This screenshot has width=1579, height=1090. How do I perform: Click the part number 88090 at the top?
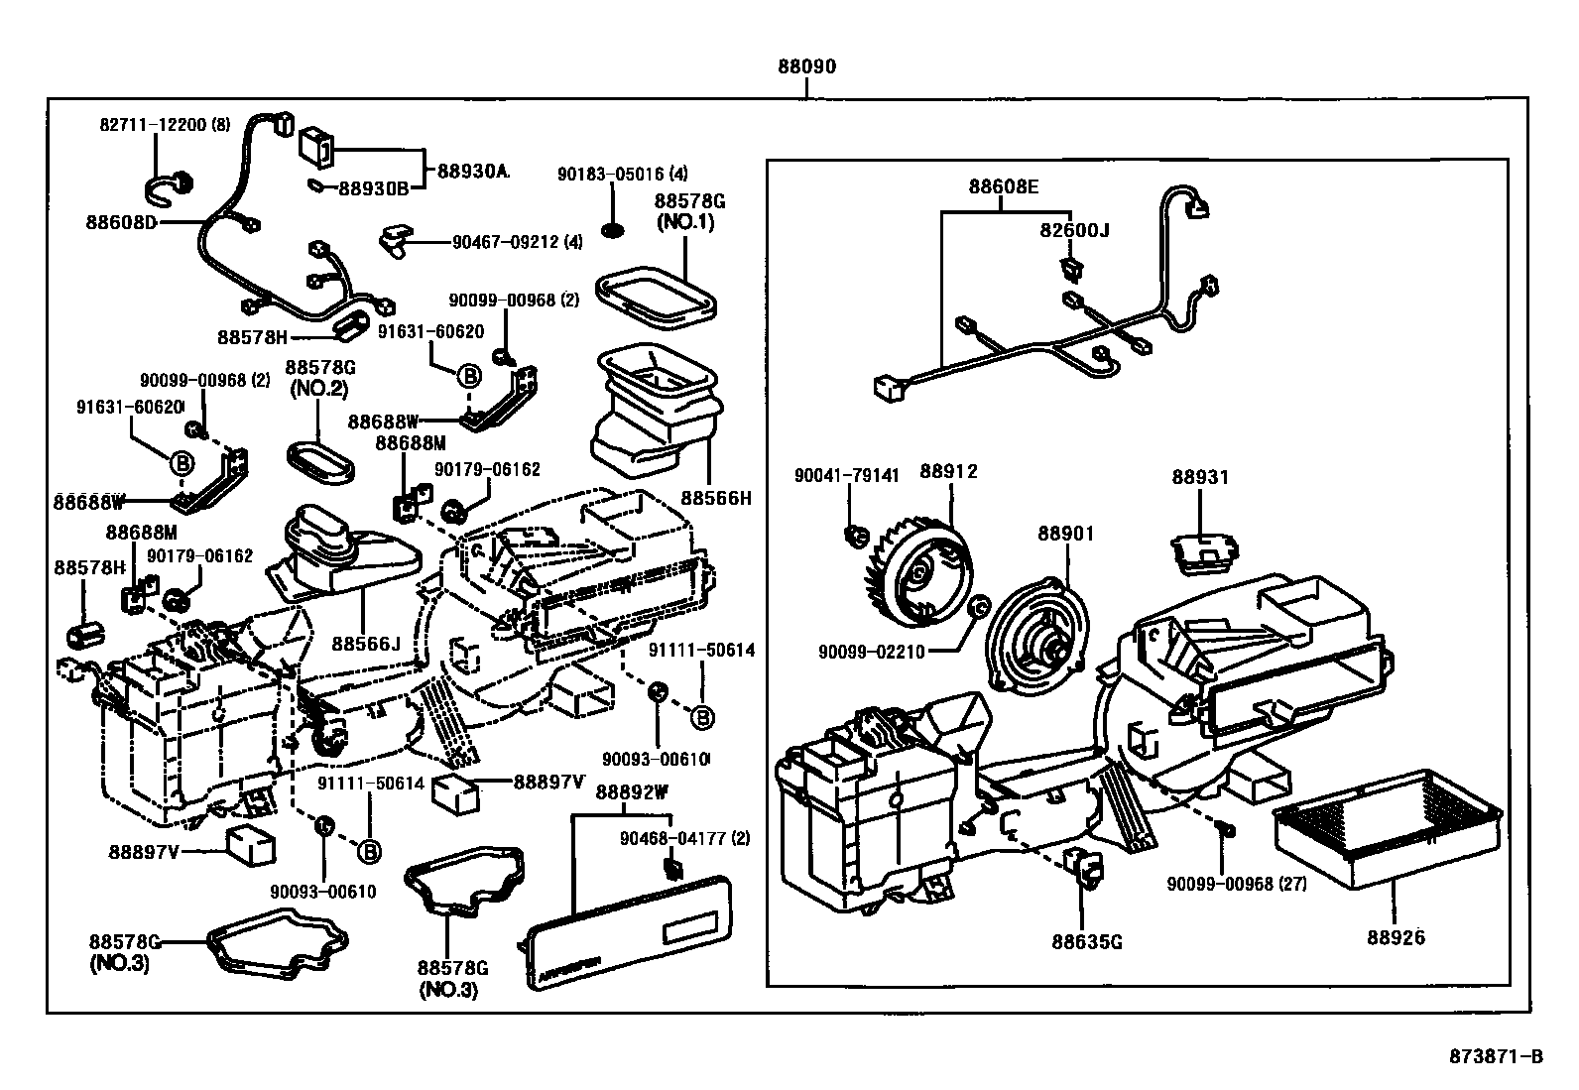[x=806, y=67]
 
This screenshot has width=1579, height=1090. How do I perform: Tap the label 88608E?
[x=1004, y=185]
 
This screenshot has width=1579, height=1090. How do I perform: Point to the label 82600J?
[x=1075, y=230]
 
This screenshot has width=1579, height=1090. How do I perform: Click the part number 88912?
[x=948, y=471]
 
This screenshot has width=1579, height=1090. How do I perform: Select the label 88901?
[x=1066, y=533]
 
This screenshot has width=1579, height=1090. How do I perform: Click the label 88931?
[x=1200, y=477]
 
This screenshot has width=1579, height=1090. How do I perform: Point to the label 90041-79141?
[x=847, y=475]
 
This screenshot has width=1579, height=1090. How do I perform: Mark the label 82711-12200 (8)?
[x=165, y=124]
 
